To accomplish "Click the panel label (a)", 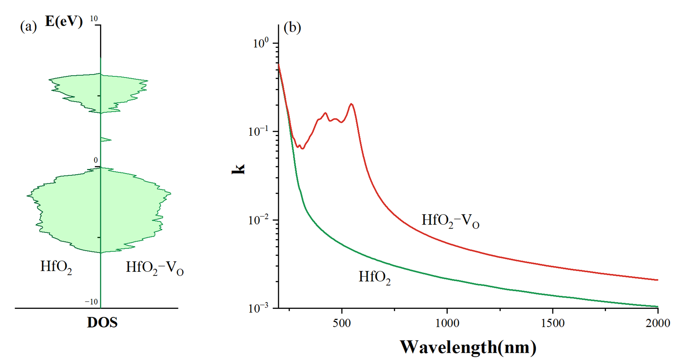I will click(28, 26).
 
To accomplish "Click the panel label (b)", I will click(292, 27).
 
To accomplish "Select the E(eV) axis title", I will click(64, 22).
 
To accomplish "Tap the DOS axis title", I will click(102, 323).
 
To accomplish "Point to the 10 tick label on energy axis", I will click(94, 18).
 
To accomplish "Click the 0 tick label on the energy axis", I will click(96, 160).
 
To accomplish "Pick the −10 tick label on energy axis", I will click(91, 302).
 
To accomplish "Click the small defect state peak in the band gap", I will click(106, 139).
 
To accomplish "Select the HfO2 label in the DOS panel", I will click(56, 267).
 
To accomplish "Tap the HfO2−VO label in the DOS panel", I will click(155, 268).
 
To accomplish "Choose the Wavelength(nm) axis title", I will click(468, 347).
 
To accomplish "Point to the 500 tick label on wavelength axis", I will click(341, 323).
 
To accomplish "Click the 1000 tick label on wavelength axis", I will click(447, 323).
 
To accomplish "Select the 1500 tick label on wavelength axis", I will click(552, 323).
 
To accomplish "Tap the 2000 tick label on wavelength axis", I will click(657, 323).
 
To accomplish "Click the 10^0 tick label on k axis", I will click(261, 43).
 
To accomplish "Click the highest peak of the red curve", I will click(351, 104).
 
